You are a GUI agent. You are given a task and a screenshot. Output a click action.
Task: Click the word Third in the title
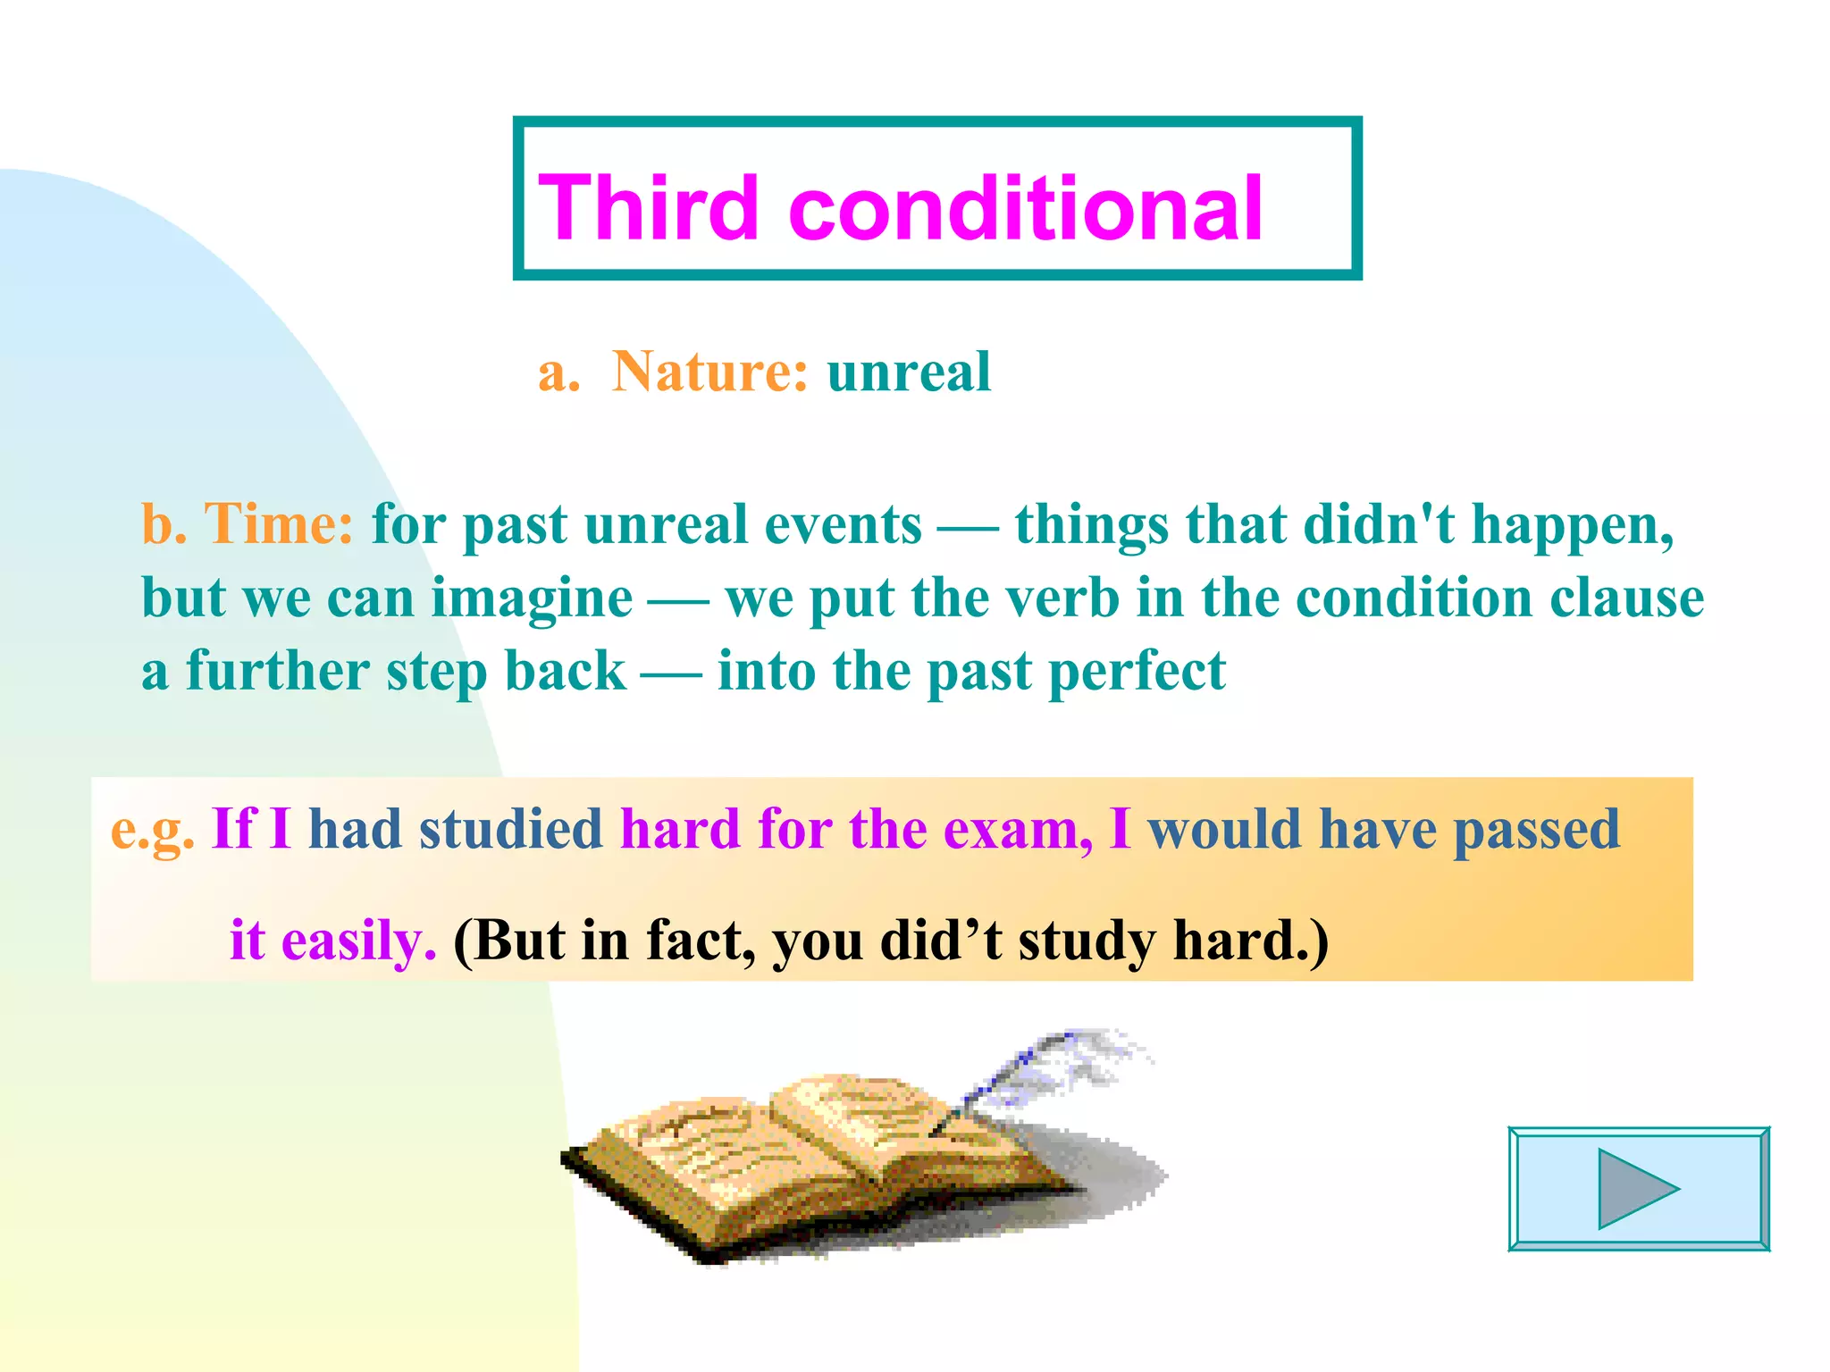(649, 208)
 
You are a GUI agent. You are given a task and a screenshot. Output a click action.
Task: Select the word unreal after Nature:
(909, 372)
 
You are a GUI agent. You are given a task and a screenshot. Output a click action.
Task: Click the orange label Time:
(279, 523)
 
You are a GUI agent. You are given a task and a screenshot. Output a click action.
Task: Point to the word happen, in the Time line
(1573, 525)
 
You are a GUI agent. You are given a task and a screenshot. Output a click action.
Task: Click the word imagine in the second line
(533, 598)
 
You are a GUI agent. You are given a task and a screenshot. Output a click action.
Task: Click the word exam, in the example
(1018, 830)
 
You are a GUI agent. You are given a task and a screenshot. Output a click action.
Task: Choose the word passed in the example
(1536, 830)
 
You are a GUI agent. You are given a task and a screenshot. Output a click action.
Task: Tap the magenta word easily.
(358, 941)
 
